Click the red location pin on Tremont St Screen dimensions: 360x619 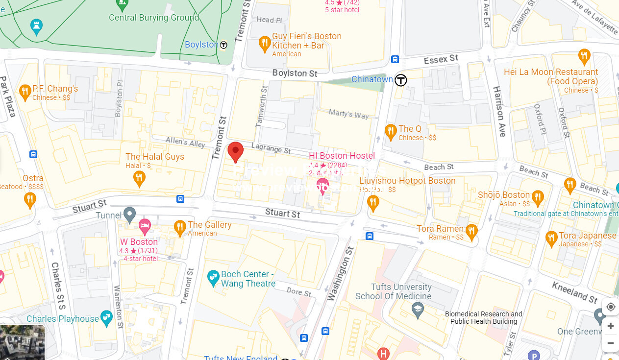coord(236,151)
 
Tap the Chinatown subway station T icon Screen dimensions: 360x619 coord(401,80)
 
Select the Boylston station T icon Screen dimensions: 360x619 coord(223,45)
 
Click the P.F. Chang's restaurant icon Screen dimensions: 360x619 coord(25,91)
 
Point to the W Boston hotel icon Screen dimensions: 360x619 coord(144,226)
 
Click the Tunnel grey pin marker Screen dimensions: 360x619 coord(129,214)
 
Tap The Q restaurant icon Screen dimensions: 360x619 coord(390,131)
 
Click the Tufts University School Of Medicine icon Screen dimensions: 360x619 coord(418,310)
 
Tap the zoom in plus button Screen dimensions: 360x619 coord(610,326)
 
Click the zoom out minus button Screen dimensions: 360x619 coord(610,343)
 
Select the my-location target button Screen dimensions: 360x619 coord(610,307)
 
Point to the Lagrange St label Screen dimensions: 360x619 coord(271,147)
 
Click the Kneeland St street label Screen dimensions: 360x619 coord(574,292)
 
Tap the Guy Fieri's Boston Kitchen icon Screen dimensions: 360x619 coord(265,44)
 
